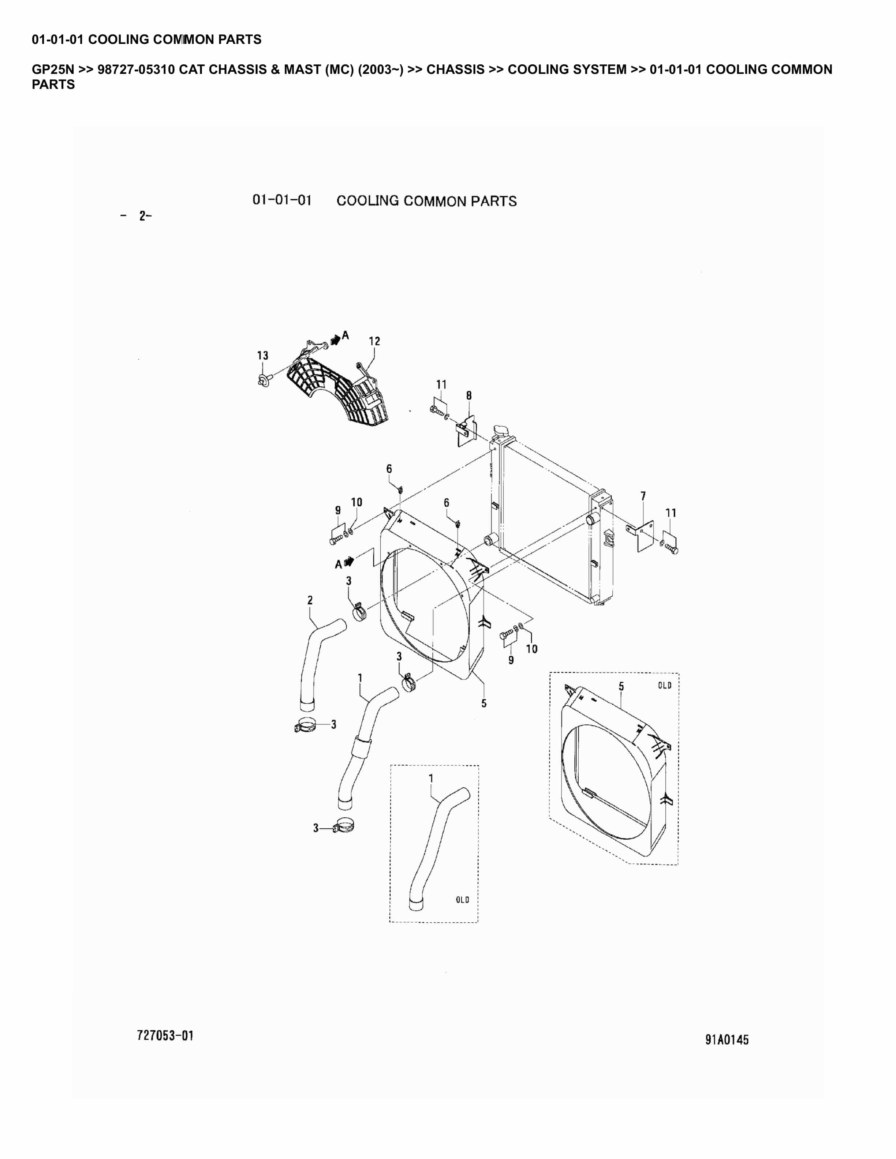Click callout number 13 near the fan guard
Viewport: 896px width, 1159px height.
coord(263,356)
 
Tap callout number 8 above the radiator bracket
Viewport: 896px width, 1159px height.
coord(469,395)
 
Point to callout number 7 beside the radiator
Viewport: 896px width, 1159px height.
coord(643,496)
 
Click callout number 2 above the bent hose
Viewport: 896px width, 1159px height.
coord(310,600)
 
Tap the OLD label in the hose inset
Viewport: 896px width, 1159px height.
coord(462,900)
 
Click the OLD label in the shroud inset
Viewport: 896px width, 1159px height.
coord(665,685)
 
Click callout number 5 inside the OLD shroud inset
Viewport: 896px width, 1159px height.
coord(621,687)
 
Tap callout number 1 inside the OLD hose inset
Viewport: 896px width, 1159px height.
coord(431,778)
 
